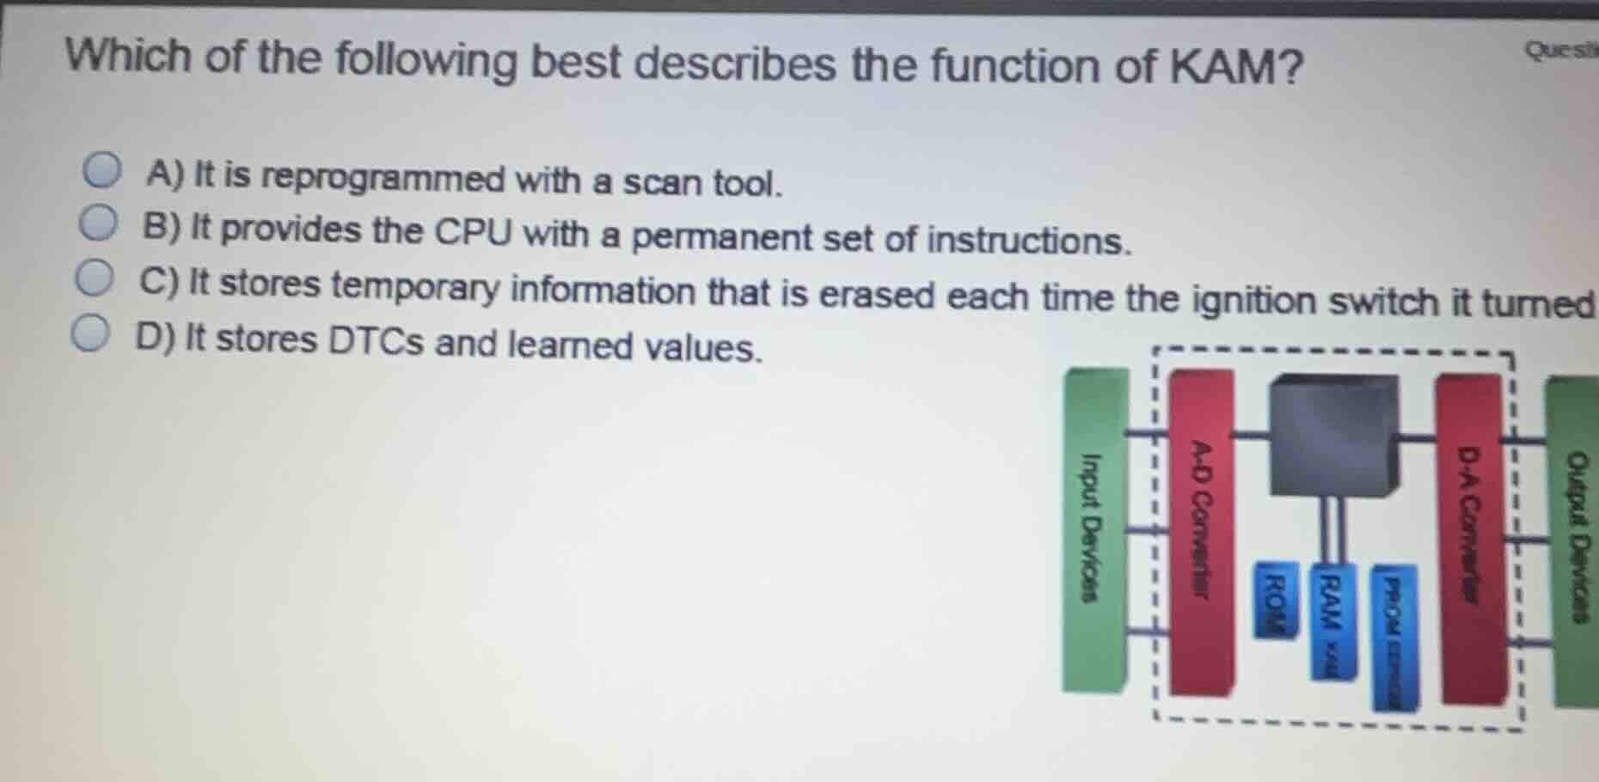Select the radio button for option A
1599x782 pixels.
pos(102,170)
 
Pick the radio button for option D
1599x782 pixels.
pos(90,334)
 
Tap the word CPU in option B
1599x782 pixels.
pos(472,231)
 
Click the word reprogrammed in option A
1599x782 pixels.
pos(383,178)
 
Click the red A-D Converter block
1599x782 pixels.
pos(1202,533)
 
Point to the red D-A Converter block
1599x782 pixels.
pos(1473,537)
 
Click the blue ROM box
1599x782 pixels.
pos(1276,600)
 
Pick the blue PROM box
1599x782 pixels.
pos(1393,636)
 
